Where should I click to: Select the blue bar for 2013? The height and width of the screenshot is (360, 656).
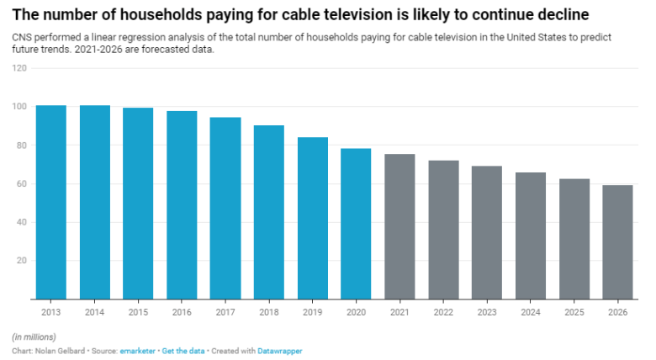[51, 202]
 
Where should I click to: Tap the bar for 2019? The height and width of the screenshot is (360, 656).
[313, 218]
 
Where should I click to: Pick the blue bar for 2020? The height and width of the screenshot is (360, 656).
[356, 224]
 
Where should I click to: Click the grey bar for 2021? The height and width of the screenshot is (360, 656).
[399, 226]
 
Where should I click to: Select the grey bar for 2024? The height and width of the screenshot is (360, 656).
[531, 236]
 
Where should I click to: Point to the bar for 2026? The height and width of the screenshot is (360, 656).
[618, 241]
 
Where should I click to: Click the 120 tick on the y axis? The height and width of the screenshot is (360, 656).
[19, 68]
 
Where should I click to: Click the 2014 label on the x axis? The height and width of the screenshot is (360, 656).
[94, 310]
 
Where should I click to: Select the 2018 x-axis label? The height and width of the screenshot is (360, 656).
[269, 310]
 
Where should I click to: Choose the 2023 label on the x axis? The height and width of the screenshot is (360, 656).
[487, 310]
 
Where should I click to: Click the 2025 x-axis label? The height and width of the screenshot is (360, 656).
[574, 310]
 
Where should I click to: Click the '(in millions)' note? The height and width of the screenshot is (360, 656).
[34, 336]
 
